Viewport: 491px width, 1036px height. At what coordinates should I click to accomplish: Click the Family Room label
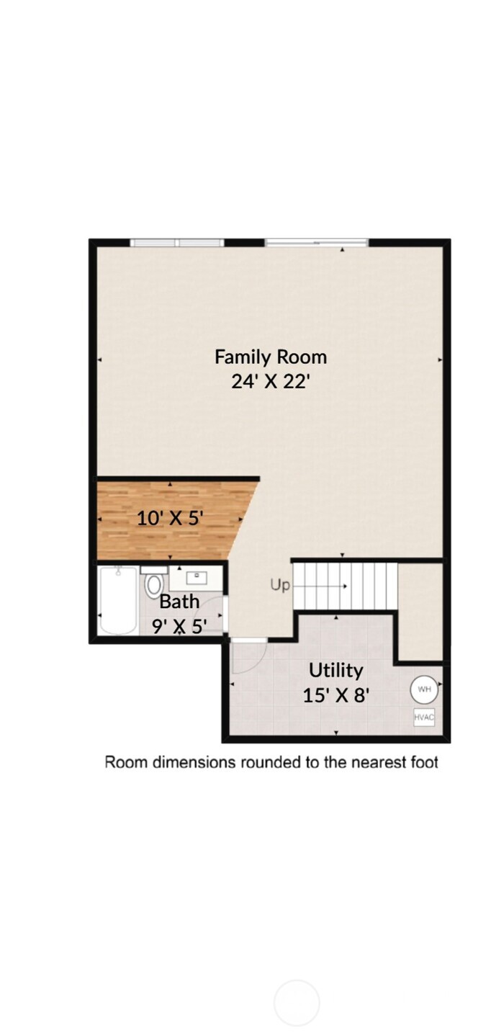pos(270,357)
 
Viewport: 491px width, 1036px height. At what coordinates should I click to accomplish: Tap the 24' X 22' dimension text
pos(270,380)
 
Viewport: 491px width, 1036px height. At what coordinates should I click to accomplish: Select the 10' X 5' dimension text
pos(170,518)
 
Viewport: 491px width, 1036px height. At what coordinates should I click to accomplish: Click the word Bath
pos(179,601)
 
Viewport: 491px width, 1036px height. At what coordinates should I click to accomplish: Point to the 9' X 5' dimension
pos(179,625)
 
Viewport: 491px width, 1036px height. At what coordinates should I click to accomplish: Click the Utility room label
pos(335,670)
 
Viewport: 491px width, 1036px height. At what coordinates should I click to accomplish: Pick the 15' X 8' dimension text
pos(335,695)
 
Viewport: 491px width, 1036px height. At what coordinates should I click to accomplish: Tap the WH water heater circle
pos(424,689)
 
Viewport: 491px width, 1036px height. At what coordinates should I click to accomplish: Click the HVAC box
pos(424,718)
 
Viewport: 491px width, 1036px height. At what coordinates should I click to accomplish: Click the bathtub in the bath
pos(119,600)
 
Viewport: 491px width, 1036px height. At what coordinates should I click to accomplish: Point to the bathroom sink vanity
pos(196,578)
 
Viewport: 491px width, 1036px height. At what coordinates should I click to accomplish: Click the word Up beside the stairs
pos(280,585)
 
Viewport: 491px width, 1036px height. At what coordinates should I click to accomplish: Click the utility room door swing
pos(248,656)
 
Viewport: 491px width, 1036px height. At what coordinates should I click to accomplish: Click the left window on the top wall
pos(176,243)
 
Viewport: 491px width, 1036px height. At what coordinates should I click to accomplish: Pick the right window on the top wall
pos(317,243)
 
